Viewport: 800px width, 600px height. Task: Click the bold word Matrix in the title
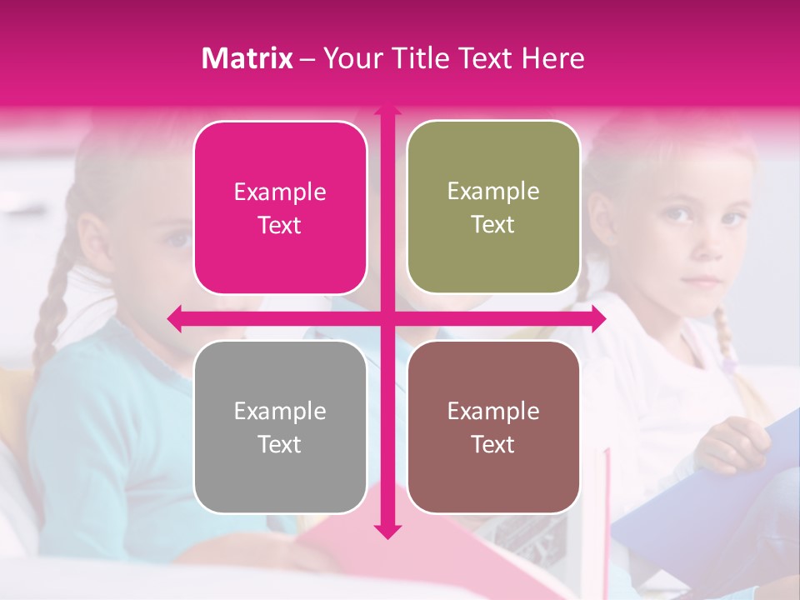pyautogui.click(x=247, y=58)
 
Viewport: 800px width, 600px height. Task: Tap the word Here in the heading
pyautogui.click(x=552, y=58)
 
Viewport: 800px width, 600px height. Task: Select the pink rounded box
pyautogui.click(x=280, y=208)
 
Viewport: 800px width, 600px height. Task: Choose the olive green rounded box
pyautogui.click(x=493, y=207)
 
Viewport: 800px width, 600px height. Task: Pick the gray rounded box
pyautogui.click(x=280, y=427)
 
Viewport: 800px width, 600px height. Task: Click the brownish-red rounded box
pyautogui.click(x=493, y=427)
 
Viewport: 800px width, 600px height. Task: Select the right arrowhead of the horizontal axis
pyautogui.click(x=599, y=318)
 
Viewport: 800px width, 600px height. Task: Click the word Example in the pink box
pyautogui.click(x=280, y=192)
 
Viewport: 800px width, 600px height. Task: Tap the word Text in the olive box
pyautogui.click(x=493, y=225)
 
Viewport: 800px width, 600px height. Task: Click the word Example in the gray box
pyautogui.click(x=280, y=411)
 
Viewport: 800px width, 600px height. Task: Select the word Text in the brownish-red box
pyautogui.click(x=493, y=444)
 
